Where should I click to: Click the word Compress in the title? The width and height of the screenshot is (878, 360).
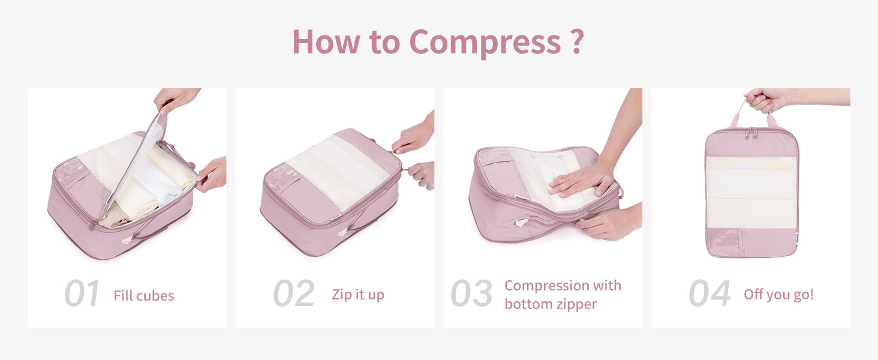coord(485,43)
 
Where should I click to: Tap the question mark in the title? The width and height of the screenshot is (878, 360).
coord(576,41)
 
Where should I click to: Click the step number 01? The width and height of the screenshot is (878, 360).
coord(82,293)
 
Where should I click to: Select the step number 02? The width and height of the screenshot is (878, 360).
coord(294,293)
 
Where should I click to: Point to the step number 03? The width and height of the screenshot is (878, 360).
coord(471,293)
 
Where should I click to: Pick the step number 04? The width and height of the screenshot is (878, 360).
coord(709,293)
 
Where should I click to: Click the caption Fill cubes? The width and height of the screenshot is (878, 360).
coord(144,295)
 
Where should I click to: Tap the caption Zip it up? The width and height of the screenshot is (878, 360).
coord(358,295)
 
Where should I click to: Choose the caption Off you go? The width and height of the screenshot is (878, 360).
coord(779,295)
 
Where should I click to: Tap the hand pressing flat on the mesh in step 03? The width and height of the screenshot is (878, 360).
coord(582,181)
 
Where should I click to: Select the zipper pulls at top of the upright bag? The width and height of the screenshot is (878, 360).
coord(751,133)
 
